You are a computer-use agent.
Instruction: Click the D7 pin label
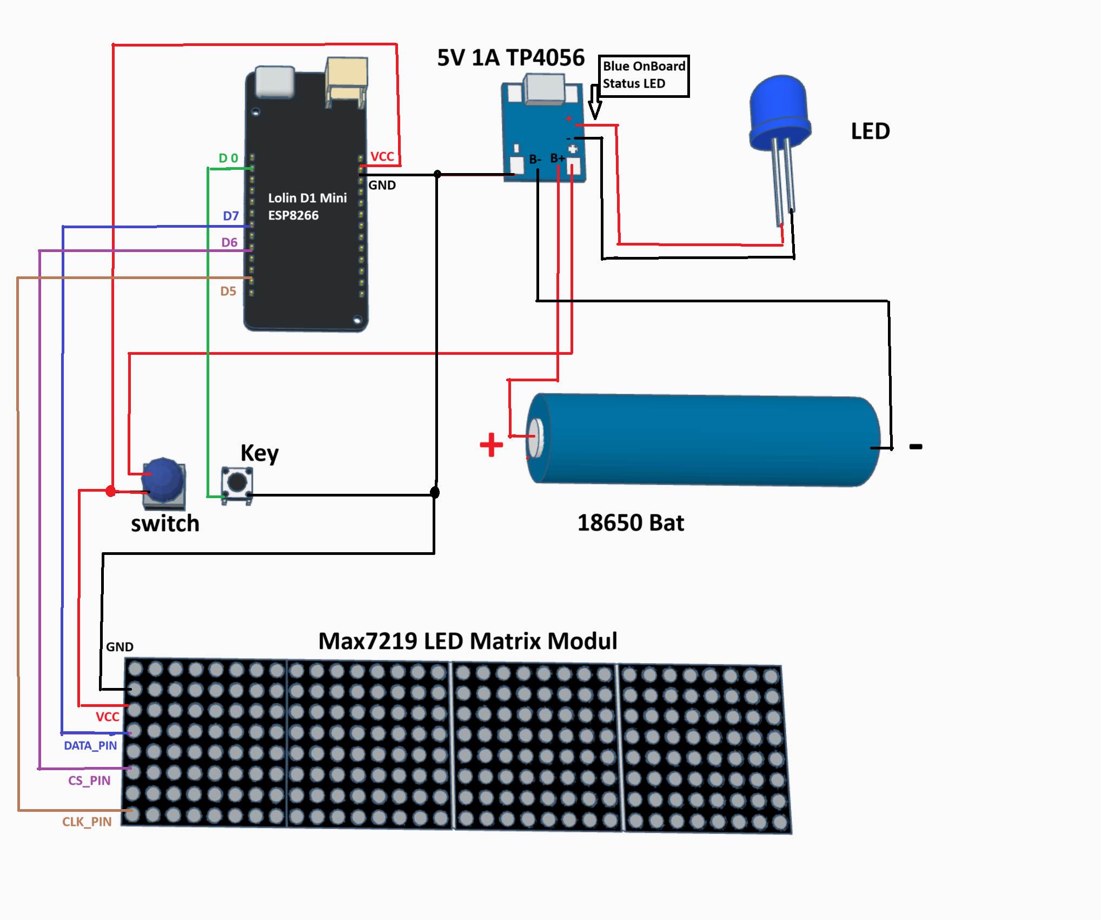[231, 216]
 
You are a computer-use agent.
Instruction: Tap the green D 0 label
[228, 158]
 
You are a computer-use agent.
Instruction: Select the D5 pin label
[228, 291]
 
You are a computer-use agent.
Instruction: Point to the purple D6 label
[229, 242]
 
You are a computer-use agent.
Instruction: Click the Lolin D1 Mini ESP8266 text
[307, 206]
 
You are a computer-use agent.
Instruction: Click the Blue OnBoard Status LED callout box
[643, 75]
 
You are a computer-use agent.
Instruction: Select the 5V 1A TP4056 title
[510, 57]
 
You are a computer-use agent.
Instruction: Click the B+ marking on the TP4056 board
[557, 158]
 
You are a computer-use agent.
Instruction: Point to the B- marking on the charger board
[535, 159]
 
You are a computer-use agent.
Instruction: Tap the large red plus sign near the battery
[491, 445]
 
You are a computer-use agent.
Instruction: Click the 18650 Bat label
[631, 522]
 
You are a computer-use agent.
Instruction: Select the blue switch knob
[164, 479]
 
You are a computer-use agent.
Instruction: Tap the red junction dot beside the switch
[111, 491]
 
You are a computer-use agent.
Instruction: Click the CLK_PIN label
[87, 822]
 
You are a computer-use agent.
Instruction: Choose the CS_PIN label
[89, 780]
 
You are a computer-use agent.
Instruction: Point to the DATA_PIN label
[90, 745]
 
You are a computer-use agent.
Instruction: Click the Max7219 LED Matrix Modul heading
[467, 641]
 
